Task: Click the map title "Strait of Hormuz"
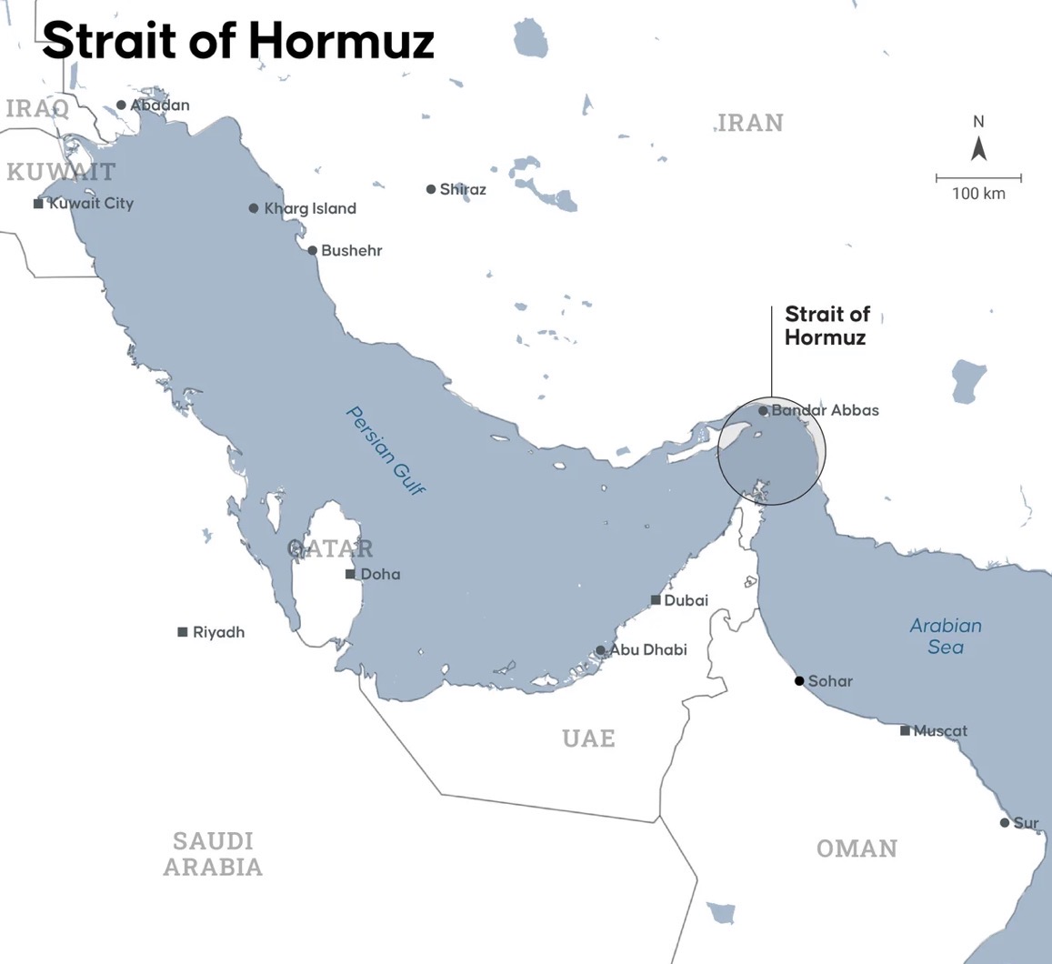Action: [x=238, y=41]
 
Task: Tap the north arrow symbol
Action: [x=978, y=148]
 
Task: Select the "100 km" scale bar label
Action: [x=978, y=194]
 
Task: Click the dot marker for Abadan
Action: [x=121, y=105]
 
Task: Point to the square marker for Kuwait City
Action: [x=38, y=204]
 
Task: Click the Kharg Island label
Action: [x=310, y=208]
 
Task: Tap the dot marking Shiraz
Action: [x=431, y=189]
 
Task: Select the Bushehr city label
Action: [x=351, y=250]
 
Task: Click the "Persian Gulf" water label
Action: [x=386, y=450]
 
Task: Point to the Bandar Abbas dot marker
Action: [x=763, y=411]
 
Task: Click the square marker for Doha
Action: [x=350, y=574]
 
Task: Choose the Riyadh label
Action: [x=218, y=632]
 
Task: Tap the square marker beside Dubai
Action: [x=656, y=600]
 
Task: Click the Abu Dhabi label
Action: [x=648, y=649]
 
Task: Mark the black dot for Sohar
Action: [x=799, y=680]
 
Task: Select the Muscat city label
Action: [x=940, y=730]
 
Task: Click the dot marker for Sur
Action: [x=1005, y=823]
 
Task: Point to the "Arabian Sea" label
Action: [x=946, y=637]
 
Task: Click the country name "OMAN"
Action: [x=857, y=849]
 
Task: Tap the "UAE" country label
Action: [x=588, y=738]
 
